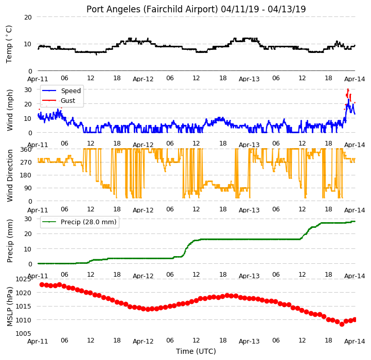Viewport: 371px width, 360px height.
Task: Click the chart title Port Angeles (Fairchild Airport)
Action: point(152,9)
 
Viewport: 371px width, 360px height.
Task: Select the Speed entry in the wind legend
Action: point(71,91)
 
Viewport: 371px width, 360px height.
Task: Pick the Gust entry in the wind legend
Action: point(68,100)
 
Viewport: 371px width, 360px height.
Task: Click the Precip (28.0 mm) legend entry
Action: point(89,222)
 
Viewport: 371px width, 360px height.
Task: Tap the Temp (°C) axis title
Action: point(9,44)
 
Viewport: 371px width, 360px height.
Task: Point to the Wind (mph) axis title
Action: point(10,110)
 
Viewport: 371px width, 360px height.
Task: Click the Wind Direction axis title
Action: point(10,175)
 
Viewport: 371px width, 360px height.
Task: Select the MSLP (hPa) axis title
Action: point(10,307)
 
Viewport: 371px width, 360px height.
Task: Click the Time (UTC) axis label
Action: point(196,351)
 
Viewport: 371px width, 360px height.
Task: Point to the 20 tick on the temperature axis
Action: point(28,17)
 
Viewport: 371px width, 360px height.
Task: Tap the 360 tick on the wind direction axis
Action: point(26,150)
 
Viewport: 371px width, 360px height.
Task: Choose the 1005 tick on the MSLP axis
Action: point(24,333)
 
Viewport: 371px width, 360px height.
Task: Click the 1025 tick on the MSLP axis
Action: point(24,279)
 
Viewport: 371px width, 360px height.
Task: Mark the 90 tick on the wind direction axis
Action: point(28,188)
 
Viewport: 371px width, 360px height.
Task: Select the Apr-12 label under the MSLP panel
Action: point(143,341)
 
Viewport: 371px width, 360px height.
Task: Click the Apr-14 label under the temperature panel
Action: point(355,79)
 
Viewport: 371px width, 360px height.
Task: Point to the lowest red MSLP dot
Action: point(342,324)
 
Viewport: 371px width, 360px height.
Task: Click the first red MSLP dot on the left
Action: point(42,284)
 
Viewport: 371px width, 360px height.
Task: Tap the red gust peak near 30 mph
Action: point(348,90)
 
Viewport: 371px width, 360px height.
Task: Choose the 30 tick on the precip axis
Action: point(28,219)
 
